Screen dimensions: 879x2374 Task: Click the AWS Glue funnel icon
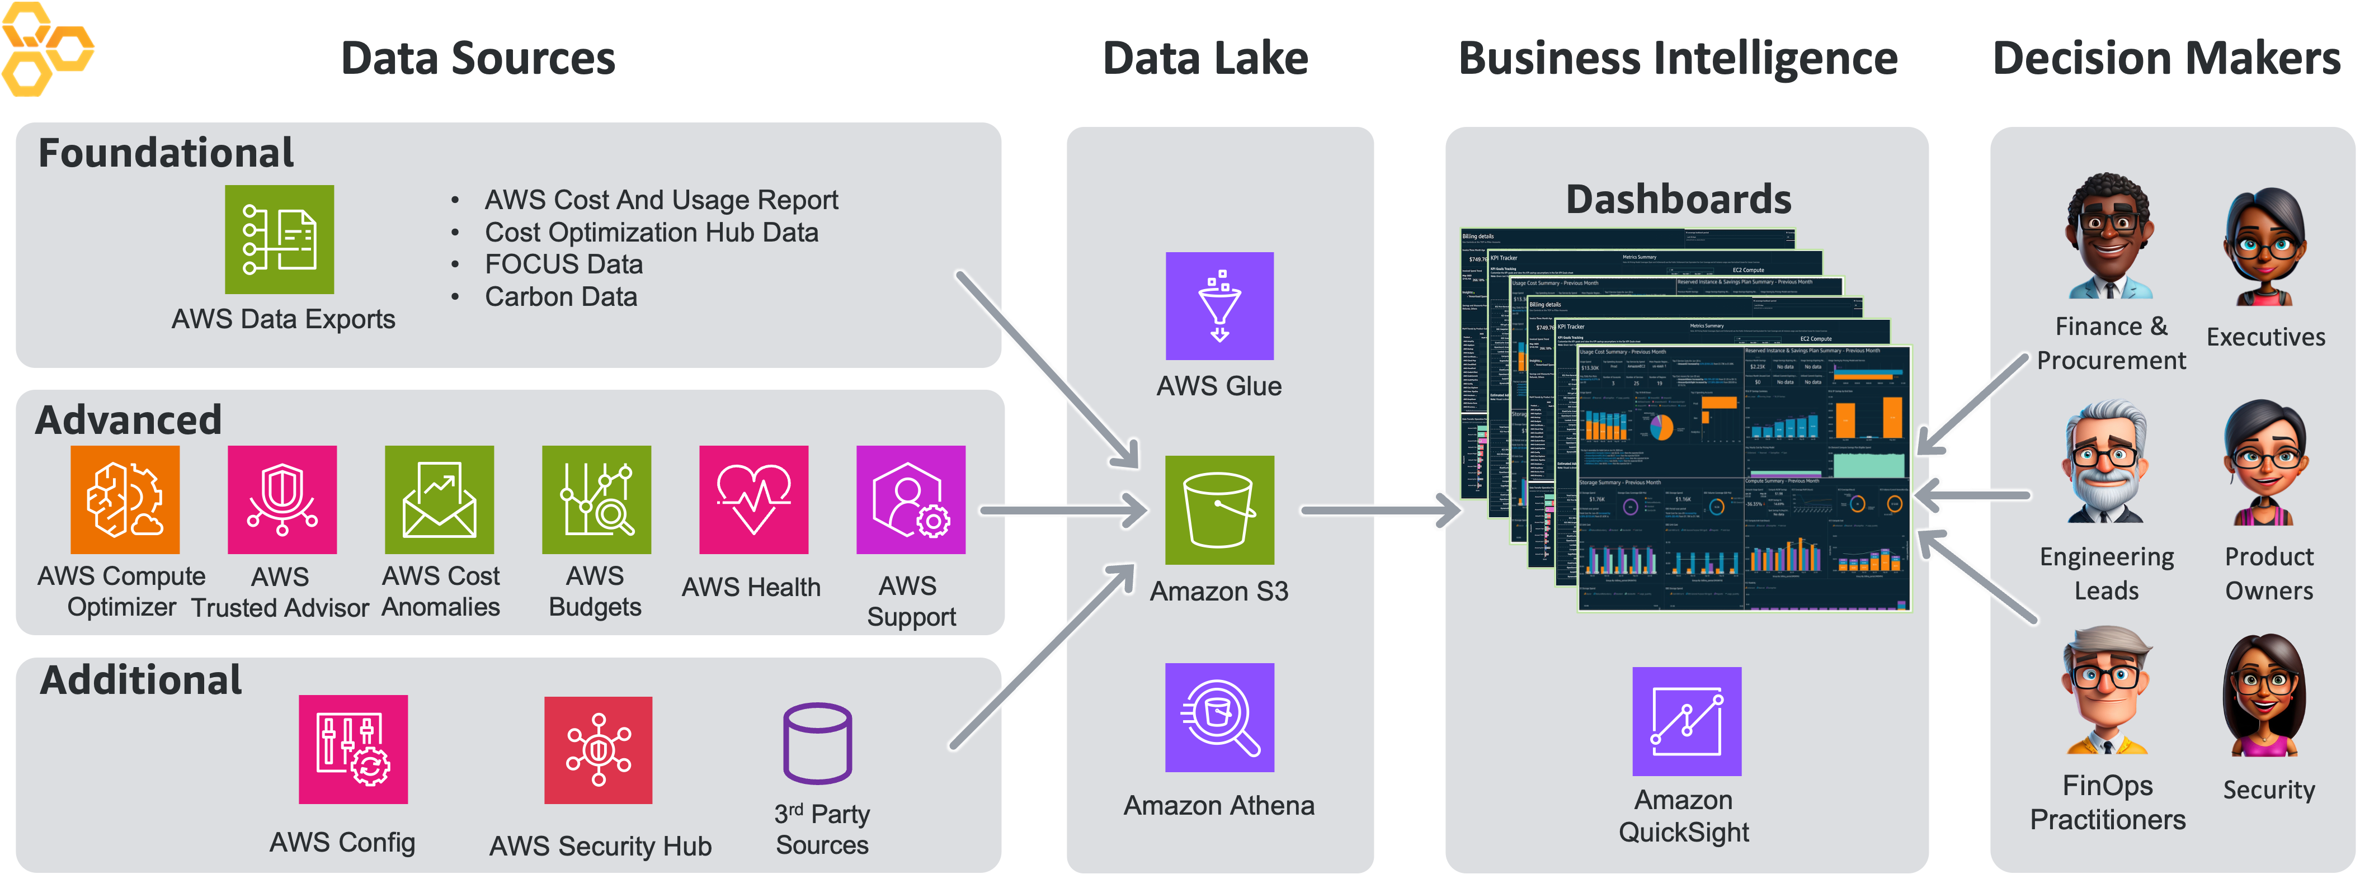[1219, 306]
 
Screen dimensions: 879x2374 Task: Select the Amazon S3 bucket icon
[1219, 509]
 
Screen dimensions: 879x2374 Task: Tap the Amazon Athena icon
[1219, 717]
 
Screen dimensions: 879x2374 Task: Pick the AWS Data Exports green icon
[279, 239]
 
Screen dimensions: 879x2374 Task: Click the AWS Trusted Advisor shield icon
[282, 499]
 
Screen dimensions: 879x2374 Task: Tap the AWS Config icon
[353, 749]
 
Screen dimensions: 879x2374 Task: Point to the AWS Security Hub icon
[598, 750]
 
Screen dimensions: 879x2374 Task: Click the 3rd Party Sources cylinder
[817, 744]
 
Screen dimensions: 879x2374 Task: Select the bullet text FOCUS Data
[563, 264]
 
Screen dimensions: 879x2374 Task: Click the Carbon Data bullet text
[560, 297]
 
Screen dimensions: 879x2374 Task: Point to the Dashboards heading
[1678, 199]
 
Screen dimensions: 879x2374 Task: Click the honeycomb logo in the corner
[46, 49]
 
